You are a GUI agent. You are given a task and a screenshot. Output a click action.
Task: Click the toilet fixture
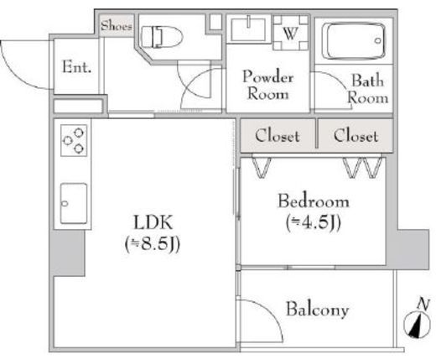[x=162, y=37]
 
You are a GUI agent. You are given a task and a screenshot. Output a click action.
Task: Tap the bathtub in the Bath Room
[x=354, y=41]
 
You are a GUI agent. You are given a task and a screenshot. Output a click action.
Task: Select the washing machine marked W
[x=291, y=33]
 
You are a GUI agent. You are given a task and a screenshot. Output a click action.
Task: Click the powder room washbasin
[x=248, y=29]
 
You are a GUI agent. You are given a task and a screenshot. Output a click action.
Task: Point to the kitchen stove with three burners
[x=74, y=140]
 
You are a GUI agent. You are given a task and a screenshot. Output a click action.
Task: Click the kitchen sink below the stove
[x=74, y=203]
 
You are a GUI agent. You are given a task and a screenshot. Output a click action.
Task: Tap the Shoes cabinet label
[x=117, y=26]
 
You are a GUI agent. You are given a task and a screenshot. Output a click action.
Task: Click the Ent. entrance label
[x=76, y=67]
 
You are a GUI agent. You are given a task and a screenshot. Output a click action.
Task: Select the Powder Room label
[x=268, y=85]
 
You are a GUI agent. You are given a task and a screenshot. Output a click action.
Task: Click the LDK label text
[x=153, y=222]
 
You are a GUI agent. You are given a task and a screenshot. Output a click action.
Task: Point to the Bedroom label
[x=314, y=201]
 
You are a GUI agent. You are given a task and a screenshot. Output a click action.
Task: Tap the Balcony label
[x=318, y=309]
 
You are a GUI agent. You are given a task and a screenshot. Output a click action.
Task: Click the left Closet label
[x=278, y=136]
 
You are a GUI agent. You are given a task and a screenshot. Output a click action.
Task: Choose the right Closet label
[x=356, y=136]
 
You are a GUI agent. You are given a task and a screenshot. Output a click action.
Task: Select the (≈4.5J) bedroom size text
[x=314, y=223]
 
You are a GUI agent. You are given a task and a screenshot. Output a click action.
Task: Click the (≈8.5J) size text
[x=153, y=244]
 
